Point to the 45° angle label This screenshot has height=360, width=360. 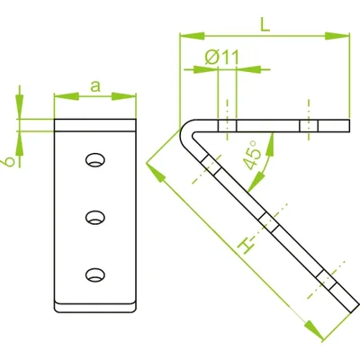[255, 157]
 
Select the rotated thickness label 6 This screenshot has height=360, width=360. [7, 161]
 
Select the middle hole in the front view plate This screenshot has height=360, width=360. [94, 216]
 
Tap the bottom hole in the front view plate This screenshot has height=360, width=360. [94, 273]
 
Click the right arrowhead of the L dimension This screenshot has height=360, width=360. [342, 36]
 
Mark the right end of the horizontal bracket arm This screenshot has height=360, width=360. [346, 125]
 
